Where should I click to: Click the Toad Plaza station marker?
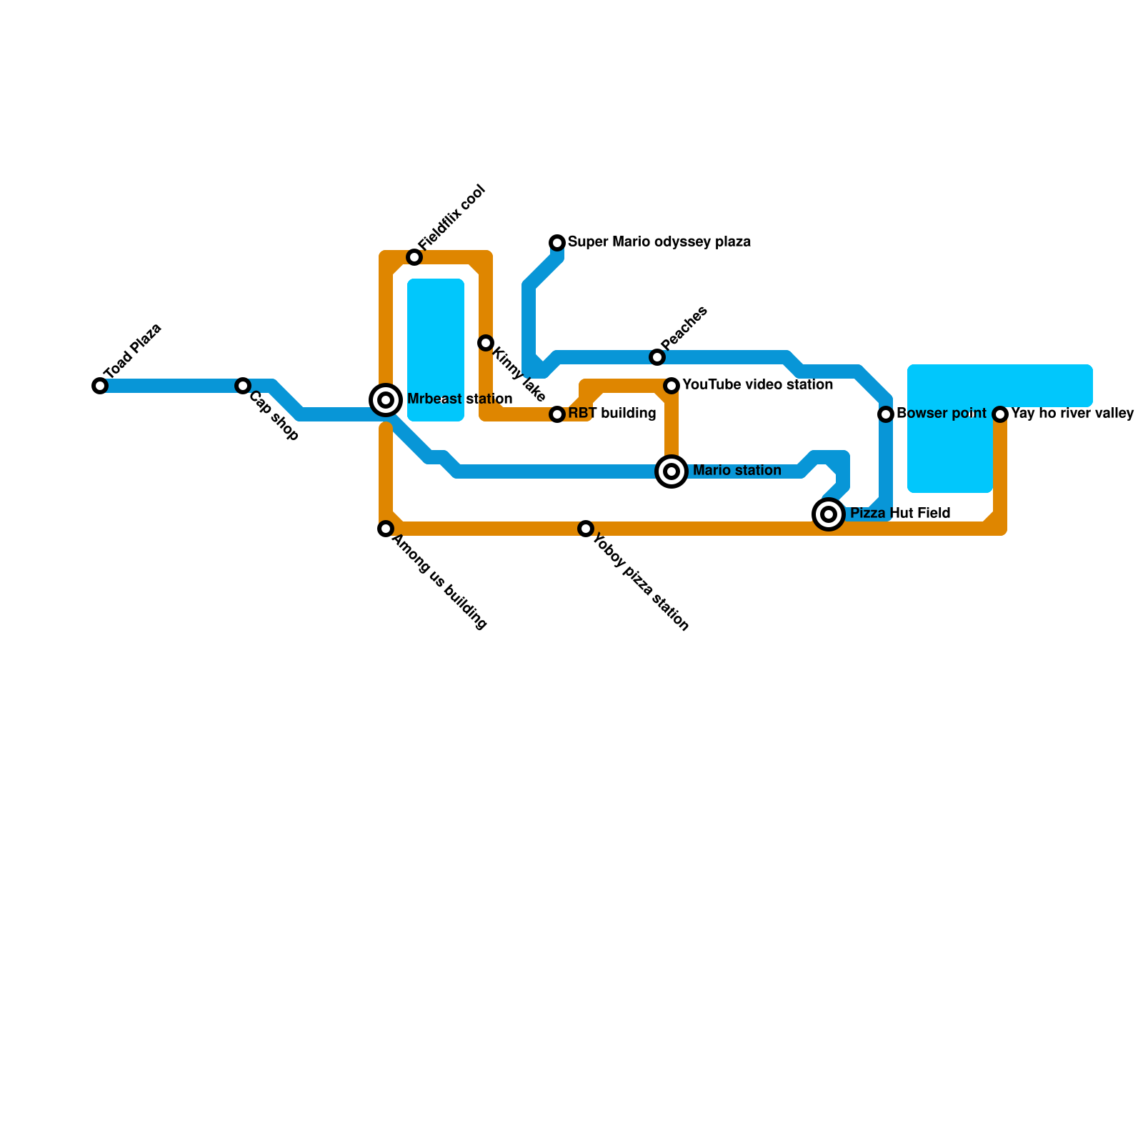(100, 386)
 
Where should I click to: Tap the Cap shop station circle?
(243, 386)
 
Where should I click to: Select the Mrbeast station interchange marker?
(386, 400)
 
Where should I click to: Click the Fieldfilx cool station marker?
(414, 257)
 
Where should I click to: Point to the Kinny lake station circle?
(486, 343)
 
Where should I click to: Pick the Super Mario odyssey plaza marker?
(557, 243)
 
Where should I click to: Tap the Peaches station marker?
(657, 357)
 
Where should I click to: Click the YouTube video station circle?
(672, 386)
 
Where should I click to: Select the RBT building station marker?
(557, 414)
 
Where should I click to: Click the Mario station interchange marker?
(672, 471)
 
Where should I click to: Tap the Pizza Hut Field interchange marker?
(829, 514)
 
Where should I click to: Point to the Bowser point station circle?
(886, 414)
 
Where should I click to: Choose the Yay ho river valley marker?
(1000, 414)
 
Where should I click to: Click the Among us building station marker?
(386, 529)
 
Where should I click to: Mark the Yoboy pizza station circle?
(586, 529)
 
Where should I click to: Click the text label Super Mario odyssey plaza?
(659, 242)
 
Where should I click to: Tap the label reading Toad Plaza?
(133, 351)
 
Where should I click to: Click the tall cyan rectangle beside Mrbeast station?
(436, 350)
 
